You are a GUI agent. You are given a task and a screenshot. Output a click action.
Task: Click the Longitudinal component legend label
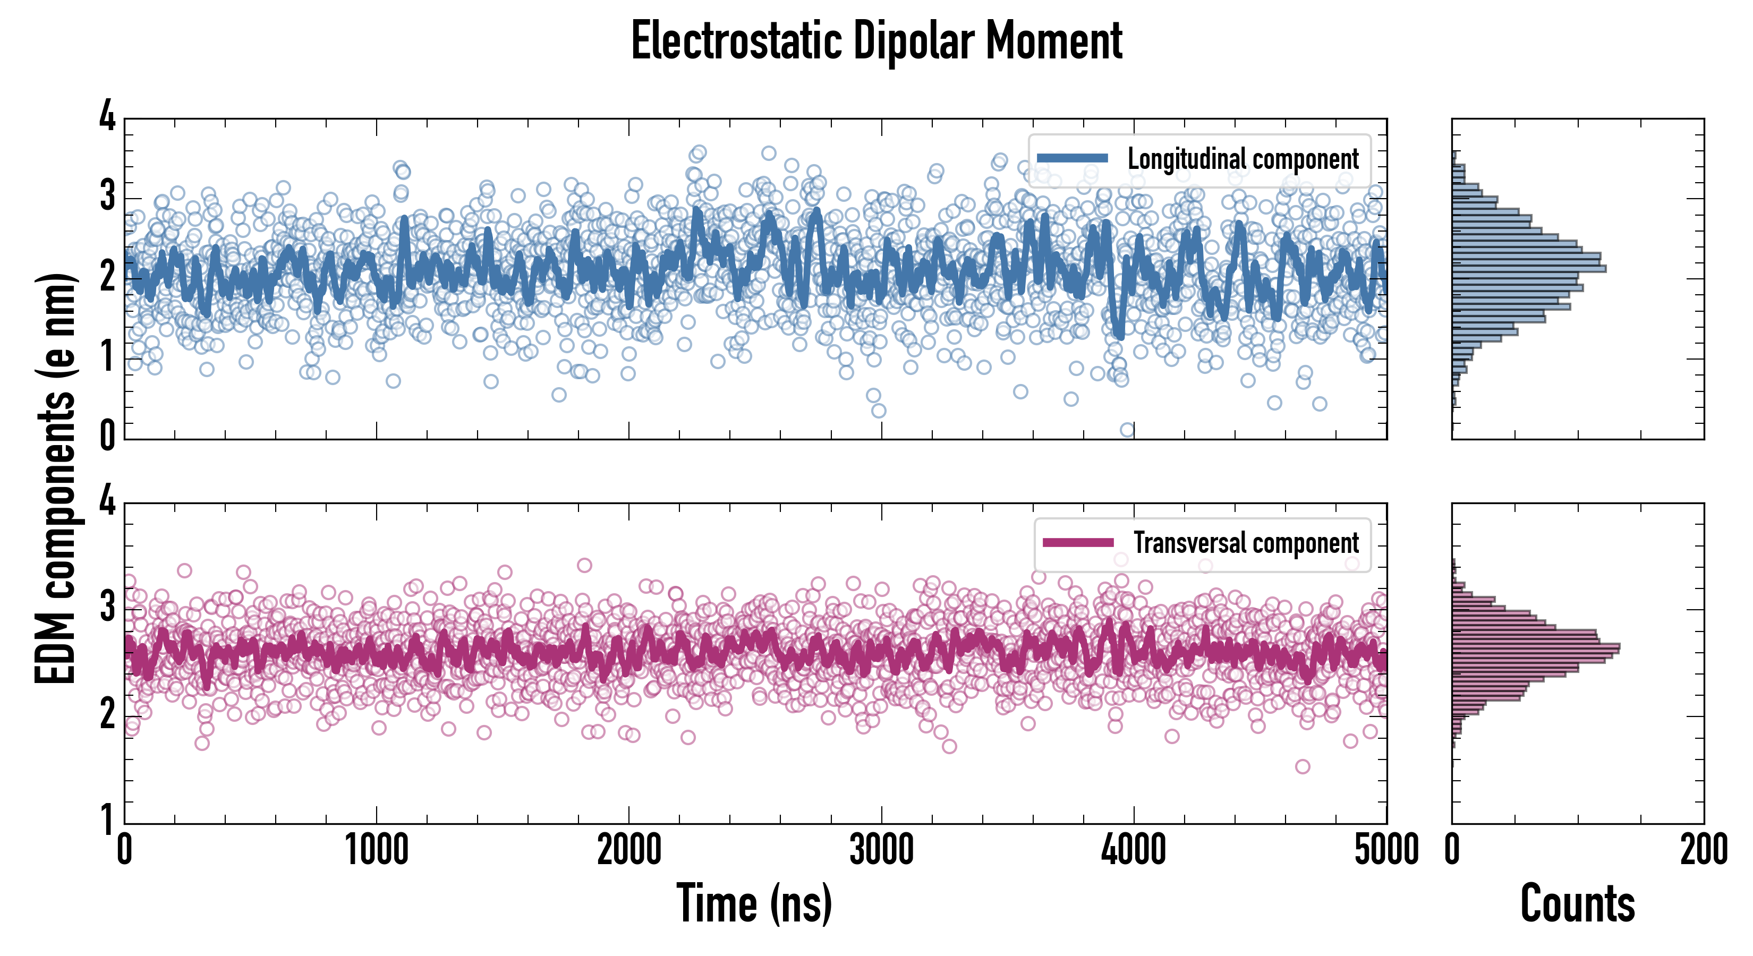tap(1243, 159)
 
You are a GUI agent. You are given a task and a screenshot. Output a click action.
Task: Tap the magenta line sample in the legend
tap(1078, 543)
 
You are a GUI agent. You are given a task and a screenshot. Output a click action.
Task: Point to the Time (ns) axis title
tap(754, 903)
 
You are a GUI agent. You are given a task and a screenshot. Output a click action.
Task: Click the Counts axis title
tap(1577, 903)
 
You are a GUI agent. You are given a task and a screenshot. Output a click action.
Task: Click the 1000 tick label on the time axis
tap(376, 850)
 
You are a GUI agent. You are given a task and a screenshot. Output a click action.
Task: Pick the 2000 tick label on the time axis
tap(629, 850)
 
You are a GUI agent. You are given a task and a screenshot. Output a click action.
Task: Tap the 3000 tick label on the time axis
tap(881, 850)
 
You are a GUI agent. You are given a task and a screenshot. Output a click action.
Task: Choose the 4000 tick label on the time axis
tap(1134, 850)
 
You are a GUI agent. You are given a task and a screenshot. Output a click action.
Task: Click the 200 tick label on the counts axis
tap(1703, 850)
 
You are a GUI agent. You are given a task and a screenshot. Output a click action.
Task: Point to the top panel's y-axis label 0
tap(107, 435)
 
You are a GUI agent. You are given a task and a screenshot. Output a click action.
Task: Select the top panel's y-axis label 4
tap(107, 116)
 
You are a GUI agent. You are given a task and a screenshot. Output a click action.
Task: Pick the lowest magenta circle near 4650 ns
tap(1303, 767)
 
